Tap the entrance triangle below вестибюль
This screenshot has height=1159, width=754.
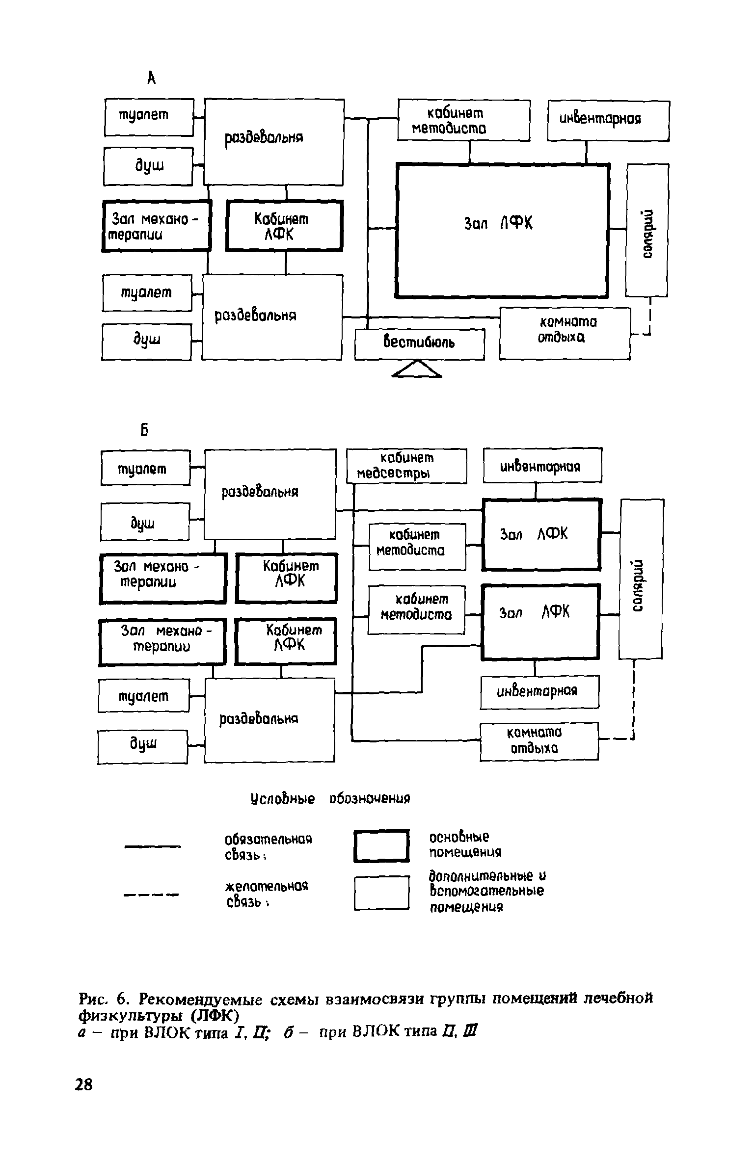(417, 369)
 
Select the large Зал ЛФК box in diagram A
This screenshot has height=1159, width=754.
(502, 231)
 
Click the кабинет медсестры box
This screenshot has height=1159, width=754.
(406, 466)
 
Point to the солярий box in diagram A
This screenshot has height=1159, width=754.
(647, 231)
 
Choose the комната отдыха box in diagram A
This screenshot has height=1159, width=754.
(565, 333)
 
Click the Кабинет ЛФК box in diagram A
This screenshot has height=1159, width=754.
(284, 226)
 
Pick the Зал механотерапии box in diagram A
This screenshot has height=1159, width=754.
(157, 226)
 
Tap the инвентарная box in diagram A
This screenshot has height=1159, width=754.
(608, 120)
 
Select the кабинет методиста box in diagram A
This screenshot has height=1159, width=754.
(463, 120)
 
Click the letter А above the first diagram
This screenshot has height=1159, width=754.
(152, 77)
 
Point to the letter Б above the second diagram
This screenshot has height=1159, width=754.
(144, 430)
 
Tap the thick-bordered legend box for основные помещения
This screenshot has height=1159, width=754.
(381, 845)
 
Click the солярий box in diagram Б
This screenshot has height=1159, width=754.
(641, 579)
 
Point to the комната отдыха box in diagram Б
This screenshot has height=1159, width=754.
(539, 741)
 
